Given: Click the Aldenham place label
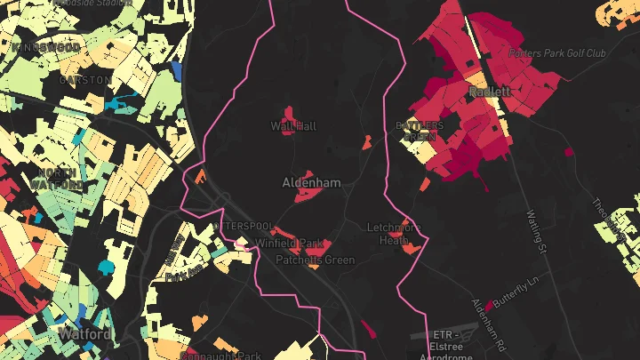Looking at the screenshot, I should pyautogui.click(x=311, y=182).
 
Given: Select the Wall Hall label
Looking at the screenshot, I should pyautogui.click(x=293, y=127).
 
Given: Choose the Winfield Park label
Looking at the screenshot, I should pyautogui.click(x=289, y=243).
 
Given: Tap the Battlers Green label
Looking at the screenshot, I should pyautogui.click(x=419, y=132).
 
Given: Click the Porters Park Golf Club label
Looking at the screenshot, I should pyautogui.click(x=557, y=53).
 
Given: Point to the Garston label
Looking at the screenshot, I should pyautogui.click(x=85, y=79).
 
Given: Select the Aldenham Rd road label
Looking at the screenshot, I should pyautogui.click(x=490, y=326).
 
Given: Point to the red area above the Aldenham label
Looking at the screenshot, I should pyautogui.click(x=306, y=173).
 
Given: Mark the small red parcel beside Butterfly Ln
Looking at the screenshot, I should pyautogui.click(x=488, y=306).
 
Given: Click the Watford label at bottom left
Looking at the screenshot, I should pyautogui.click(x=84, y=334).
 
